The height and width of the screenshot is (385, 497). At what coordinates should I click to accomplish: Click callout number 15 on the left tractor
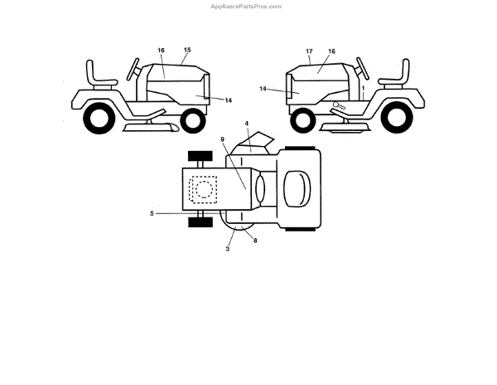click(x=187, y=51)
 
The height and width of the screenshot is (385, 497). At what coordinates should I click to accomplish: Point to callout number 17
click(x=309, y=51)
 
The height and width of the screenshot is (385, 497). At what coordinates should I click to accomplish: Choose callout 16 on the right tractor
click(x=331, y=51)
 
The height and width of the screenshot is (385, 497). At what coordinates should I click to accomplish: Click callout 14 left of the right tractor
click(x=263, y=88)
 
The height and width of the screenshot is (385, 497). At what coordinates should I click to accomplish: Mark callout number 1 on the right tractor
click(x=363, y=87)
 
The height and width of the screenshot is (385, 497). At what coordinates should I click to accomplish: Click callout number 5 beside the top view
click(x=152, y=213)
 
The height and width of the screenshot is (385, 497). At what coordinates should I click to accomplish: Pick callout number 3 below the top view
click(x=227, y=248)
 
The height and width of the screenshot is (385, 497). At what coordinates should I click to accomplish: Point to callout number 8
click(x=255, y=241)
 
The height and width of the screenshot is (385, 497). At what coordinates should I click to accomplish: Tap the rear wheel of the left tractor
click(x=98, y=119)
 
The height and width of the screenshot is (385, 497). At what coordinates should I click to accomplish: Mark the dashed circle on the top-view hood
click(x=203, y=188)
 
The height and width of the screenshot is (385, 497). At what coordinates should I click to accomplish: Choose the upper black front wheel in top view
click(x=199, y=155)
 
